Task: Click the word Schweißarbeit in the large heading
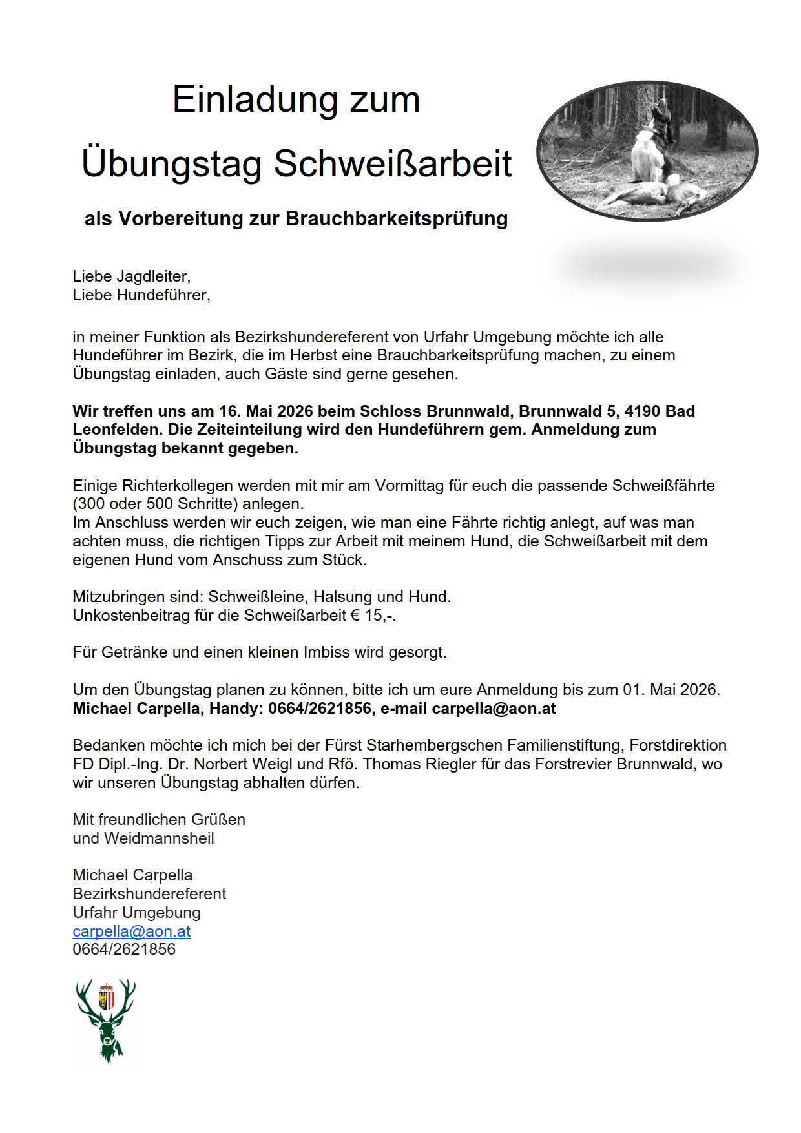pyautogui.click(x=393, y=163)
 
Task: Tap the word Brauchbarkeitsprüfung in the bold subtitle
pyautogui.click(x=397, y=219)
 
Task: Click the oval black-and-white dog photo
pyautogui.click(x=647, y=151)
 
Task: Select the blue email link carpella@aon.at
pyautogui.click(x=131, y=931)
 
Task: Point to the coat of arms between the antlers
pyautogui.click(x=107, y=997)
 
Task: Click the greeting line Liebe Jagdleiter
pyautogui.click(x=131, y=276)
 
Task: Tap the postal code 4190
pyautogui.click(x=642, y=411)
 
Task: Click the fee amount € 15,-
pyautogui.click(x=373, y=616)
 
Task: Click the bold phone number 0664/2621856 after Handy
pyautogui.click(x=320, y=709)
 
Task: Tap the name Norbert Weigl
pyautogui.click(x=238, y=764)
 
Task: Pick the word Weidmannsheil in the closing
pyautogui.click(x=159, y=838)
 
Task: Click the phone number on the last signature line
pyautogui.click(x=124, y=950)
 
